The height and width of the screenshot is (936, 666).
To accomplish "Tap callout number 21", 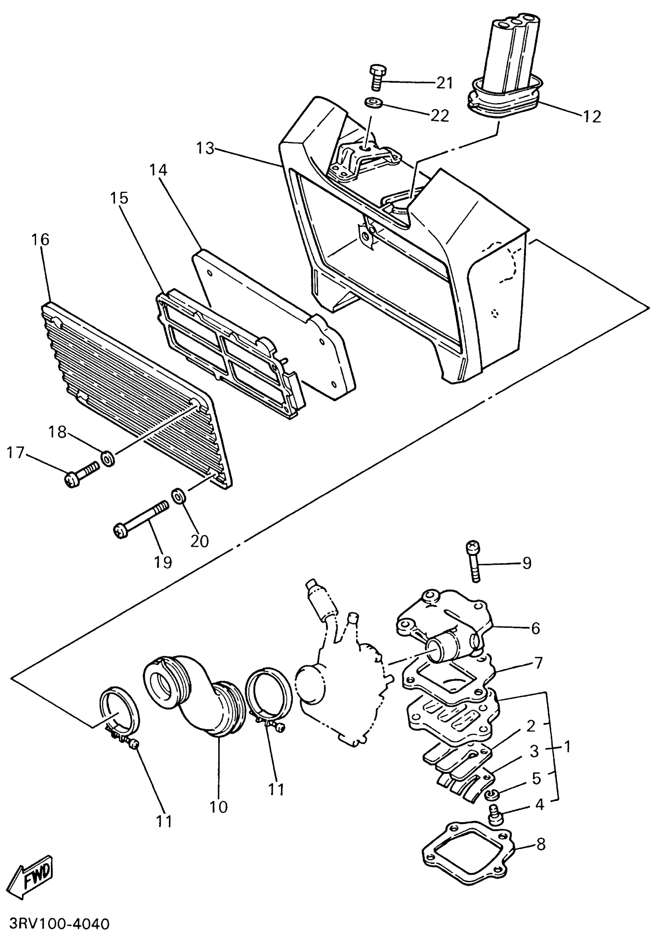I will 444,83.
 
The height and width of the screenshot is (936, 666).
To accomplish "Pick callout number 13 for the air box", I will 205,148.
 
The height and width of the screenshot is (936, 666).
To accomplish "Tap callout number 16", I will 40,239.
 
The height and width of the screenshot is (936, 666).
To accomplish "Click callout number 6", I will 536,628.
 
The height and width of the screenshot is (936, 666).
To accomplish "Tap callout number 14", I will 158,170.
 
